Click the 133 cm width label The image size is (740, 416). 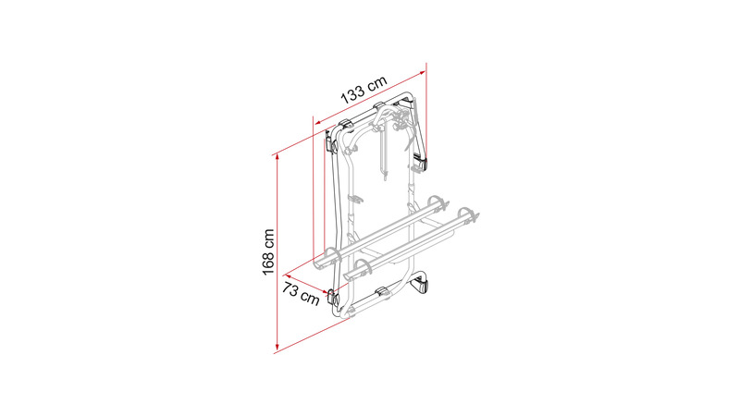coord(364,89)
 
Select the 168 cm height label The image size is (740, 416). coord(268,251)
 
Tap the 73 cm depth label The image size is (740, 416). coord(301,293)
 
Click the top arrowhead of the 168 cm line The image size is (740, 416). coord(277,158)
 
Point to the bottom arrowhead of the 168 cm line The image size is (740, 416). coord(277,348)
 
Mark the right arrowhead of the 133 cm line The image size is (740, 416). coord(422,72)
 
